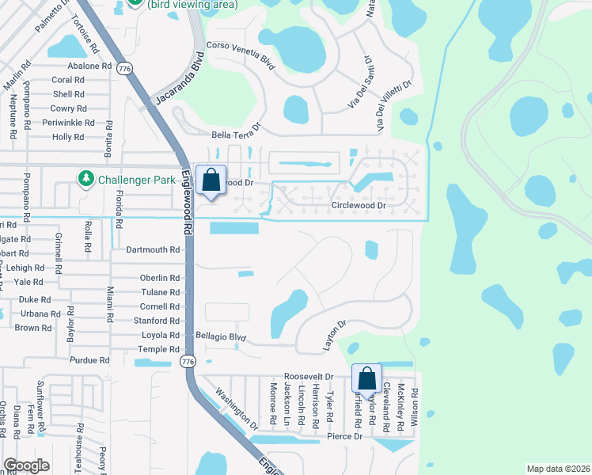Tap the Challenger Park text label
[x=137, y=180]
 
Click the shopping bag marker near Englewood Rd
[x=211, y=180]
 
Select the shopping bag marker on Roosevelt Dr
[x=367, y=379]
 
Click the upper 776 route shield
[x=123, y=70]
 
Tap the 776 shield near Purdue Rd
[x=187, y=362]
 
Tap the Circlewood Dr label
[x=359, y=206]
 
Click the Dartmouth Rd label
[x=154, y=250]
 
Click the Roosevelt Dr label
[x=309, y=377]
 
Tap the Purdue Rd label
[x=89, y=360]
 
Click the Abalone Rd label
[x=89, y=66]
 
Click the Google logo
[x=26, y=465]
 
